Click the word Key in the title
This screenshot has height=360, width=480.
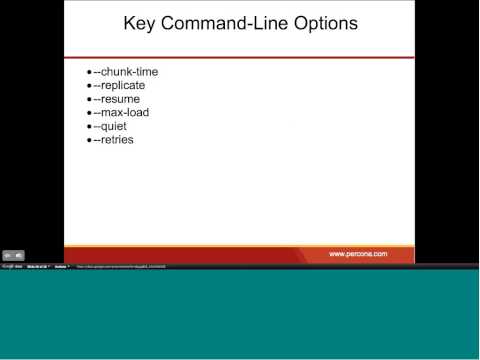(x=140, y=23)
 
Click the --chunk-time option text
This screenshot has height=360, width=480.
(x=125, y=72)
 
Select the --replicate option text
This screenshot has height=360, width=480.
(x=119, y=86)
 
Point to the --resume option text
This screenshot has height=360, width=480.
(x=116, y=99)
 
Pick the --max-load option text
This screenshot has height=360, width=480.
(x=121, y=113)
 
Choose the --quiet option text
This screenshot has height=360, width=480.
(x=110, y=127)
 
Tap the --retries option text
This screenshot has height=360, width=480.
(x=113, y=140)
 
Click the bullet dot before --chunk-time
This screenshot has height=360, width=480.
(x=89, y=72)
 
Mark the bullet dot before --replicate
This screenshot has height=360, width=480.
(x=89, y=86)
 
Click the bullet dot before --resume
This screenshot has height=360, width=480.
(x=89, y=99)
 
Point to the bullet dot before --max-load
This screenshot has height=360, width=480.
(x=89, y=113)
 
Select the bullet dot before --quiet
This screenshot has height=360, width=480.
(x=89, y=127)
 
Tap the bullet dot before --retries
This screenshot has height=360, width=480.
(x=89, y=140)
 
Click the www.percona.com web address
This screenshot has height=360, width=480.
(x=358, y=254)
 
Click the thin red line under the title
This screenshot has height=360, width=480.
(x=239, y=57)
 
